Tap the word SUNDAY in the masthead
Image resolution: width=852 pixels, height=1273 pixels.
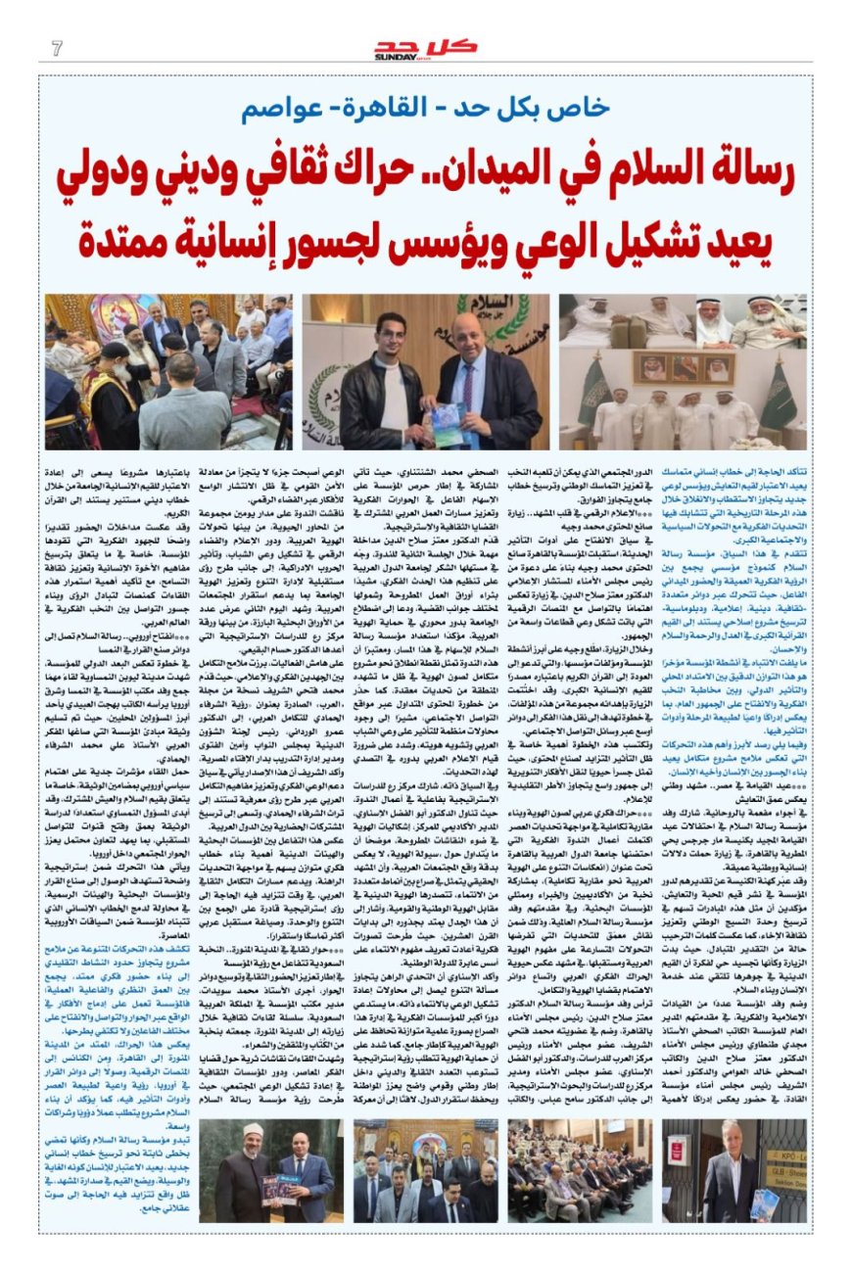coord(395,57)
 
